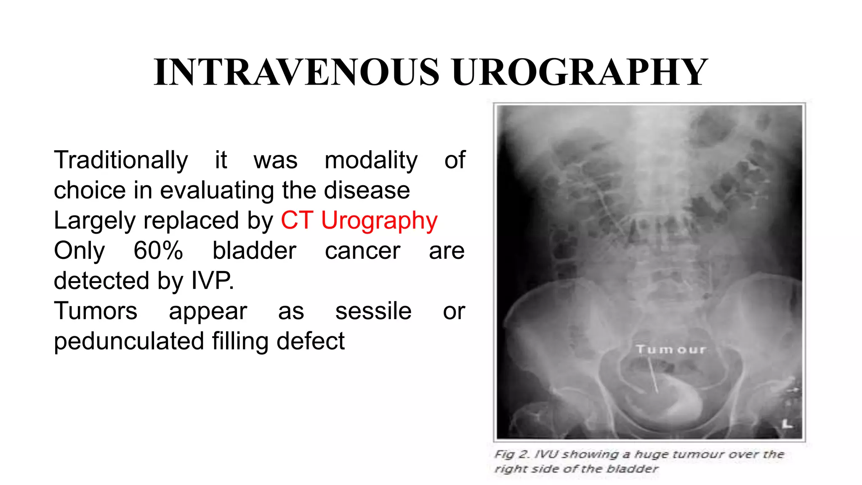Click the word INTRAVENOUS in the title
(x=297, y=72)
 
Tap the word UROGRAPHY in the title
(x=580, y=72)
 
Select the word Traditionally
(x=121, y=160)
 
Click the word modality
(x=371, y=160)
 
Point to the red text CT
(x=297, y=221)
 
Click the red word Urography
(x=379, y=221)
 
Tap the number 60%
(x=158, y=251)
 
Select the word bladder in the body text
(x=254, y=251)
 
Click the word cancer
(x=362, y=251)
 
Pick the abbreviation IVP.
(x=212, y=281)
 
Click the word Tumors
(x=96, y=311)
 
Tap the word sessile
(x=373, y=311)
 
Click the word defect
(x=311, y=341)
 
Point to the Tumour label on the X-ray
(x=671, y=349)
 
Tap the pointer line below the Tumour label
(x=654, y=376)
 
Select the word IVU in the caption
(x=546, y=455)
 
